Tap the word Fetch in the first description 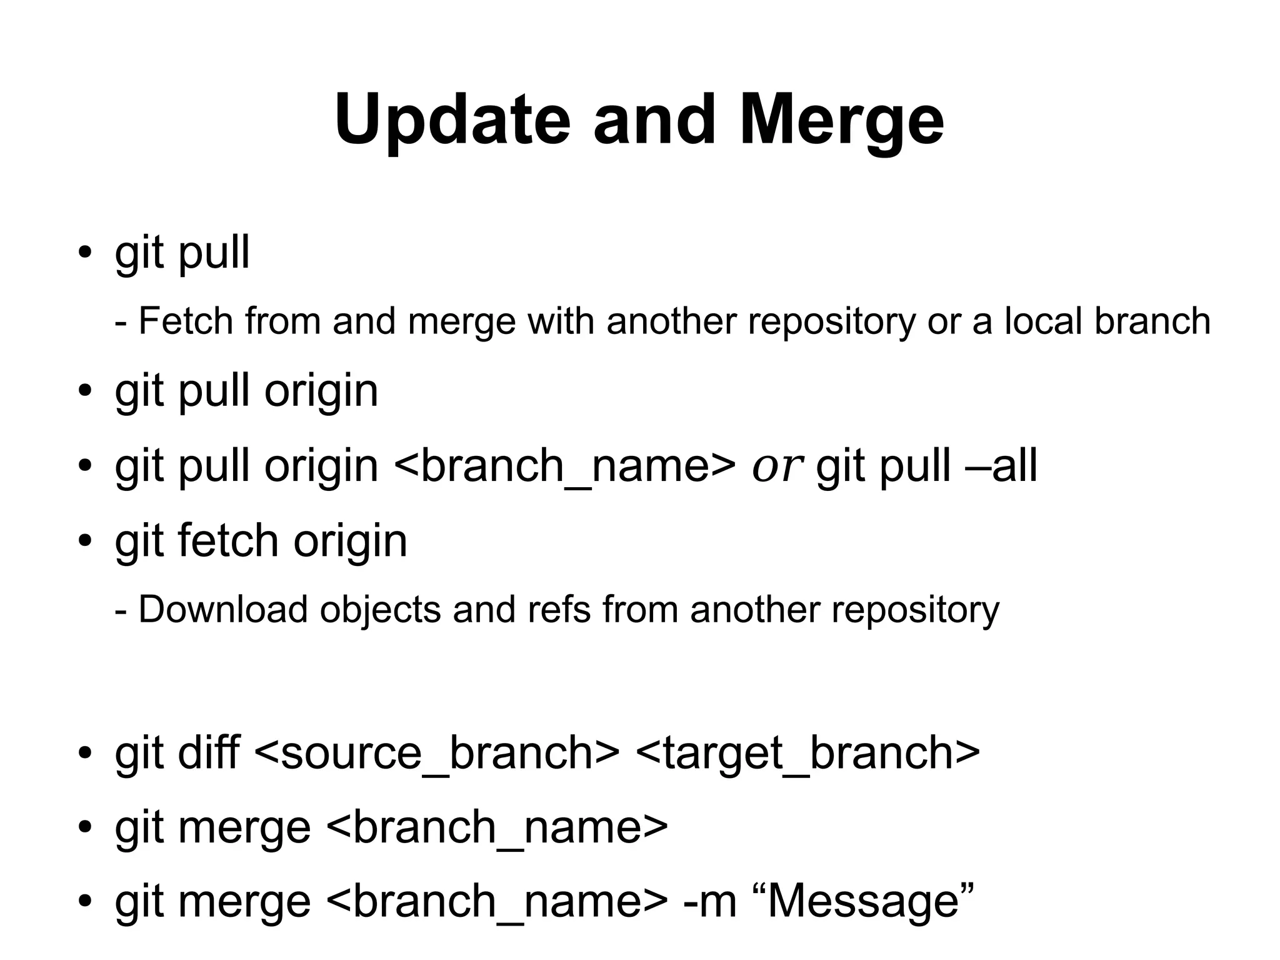point(186,321)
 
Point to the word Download point(223,609)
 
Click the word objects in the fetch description point(380,609)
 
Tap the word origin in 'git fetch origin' point(350,542)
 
